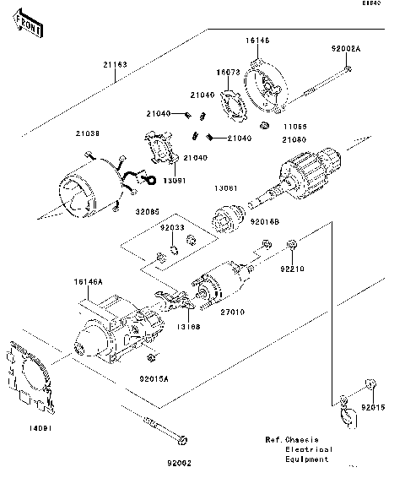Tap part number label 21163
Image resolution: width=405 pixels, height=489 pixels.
(x=116, y=63)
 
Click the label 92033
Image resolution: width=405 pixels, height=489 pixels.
(x=172, y=227)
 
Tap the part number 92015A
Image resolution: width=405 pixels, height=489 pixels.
(x=154, y=379)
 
